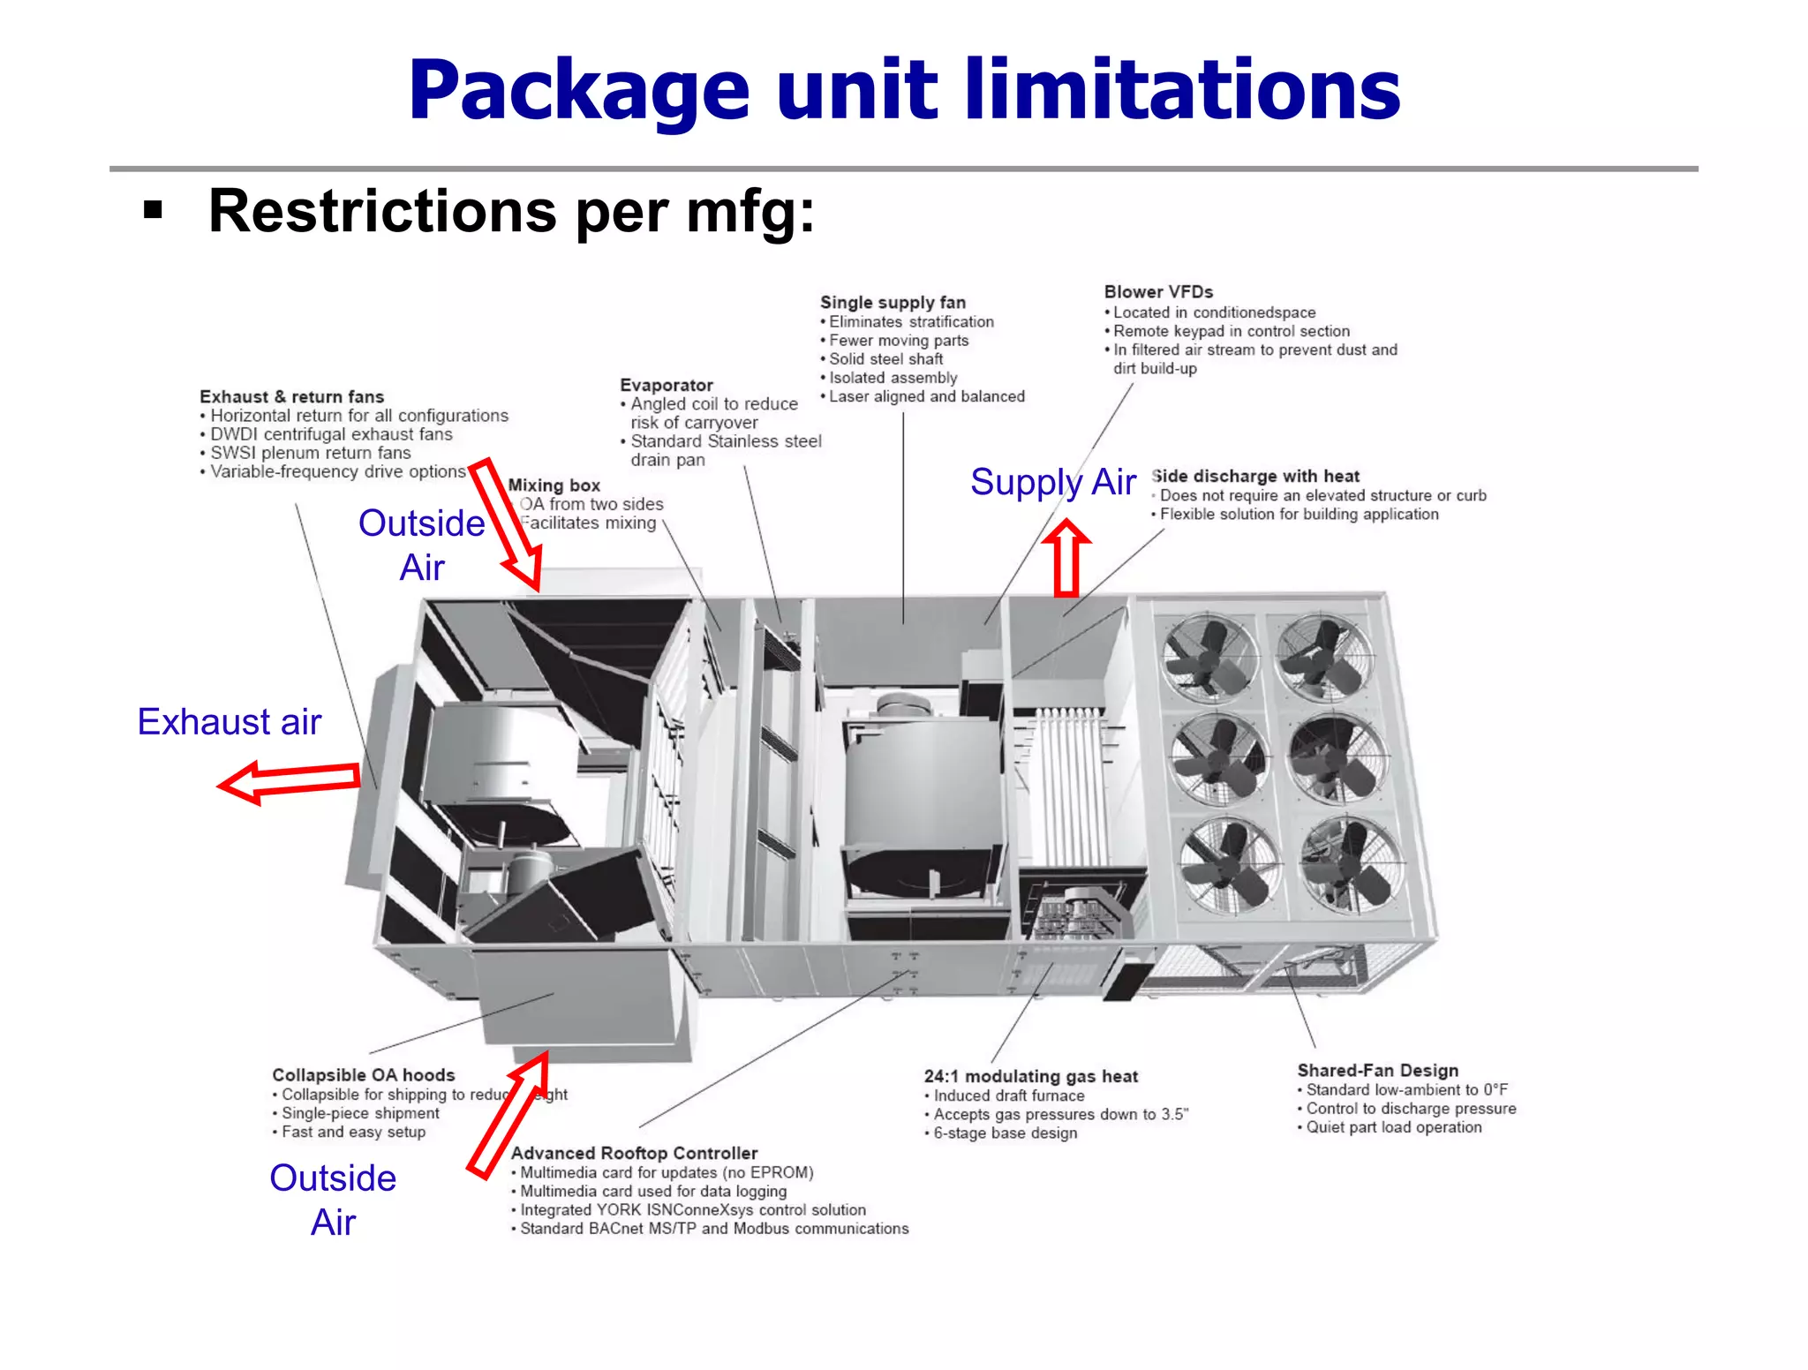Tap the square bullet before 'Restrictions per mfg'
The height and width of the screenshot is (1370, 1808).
(x=154, y=210)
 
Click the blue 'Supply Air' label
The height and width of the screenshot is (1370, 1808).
(x=1052, y=482)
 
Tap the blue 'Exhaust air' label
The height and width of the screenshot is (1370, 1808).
(x=230, y=721)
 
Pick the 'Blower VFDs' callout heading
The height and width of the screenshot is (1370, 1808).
(x=1158, y=291)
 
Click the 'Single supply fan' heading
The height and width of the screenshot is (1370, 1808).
(x=893, y=302)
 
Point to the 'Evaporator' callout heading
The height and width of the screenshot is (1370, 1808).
(x=667, y=385)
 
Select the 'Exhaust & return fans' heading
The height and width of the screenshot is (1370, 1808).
(x=291, y=396)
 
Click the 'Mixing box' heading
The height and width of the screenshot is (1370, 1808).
(x=554, y=485)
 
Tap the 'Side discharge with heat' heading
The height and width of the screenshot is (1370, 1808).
(x=1255, y=476)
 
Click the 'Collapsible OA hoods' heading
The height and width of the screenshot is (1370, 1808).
(x=363, y=1074)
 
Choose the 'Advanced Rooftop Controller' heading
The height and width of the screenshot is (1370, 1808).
(x=634, y=1153)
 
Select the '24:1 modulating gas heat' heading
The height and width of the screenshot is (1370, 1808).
(x=1030, y=1076)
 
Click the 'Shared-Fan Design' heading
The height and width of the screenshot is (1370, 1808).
(x=1377, y=1070)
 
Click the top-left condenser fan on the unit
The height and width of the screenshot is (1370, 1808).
(x=1209, y=659)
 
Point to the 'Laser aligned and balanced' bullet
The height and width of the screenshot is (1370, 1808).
(x=926, y=396)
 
